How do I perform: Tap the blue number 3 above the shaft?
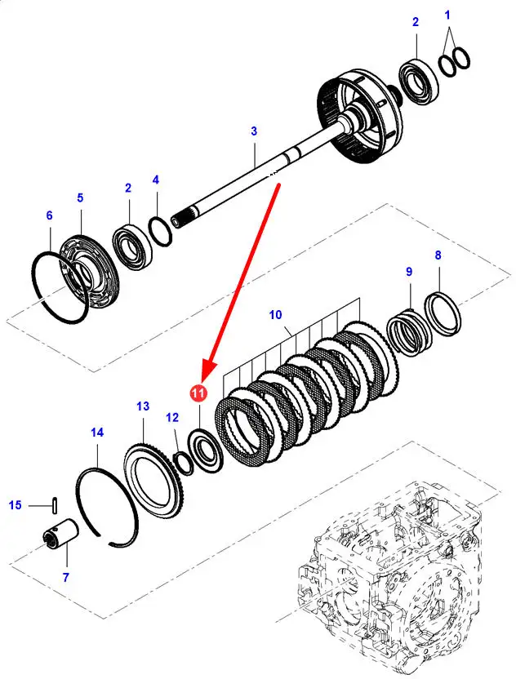click(254, 131)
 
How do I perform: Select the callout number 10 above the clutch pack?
click(275, 315)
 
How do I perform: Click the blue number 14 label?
click(97, 433)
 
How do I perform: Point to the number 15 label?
click(16, 506)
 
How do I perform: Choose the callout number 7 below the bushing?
click(65, 578)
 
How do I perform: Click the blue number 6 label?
click(49, 215)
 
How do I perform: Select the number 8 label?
click(438, 255)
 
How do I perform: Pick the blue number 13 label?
click(143, 406)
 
